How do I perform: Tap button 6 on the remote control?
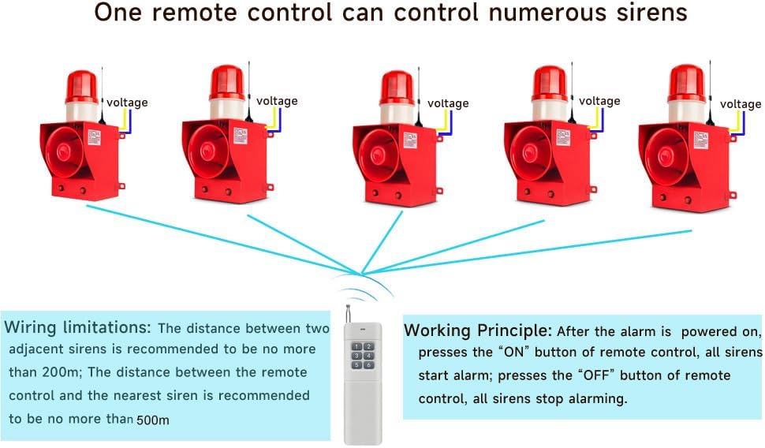coord(368,365)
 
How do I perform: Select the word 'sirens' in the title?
coord(650,13)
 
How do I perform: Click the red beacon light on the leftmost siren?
coord(81,86)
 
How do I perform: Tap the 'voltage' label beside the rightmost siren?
coord(741,104)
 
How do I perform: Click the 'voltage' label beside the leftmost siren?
coord(127,103)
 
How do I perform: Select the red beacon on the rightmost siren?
coord(686,84)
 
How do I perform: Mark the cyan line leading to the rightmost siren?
coord(552,249)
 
